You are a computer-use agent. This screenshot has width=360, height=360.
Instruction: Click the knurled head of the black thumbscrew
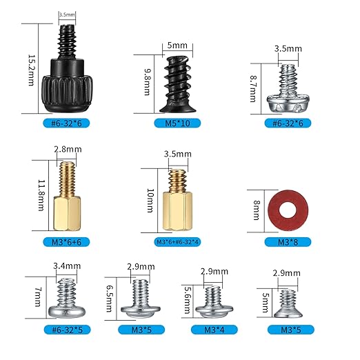pos(67,94)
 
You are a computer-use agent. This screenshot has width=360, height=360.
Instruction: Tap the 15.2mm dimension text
pos(31,70)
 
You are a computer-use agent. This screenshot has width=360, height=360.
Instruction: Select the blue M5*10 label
pos(177,123)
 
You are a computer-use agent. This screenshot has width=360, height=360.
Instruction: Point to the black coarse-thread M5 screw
pos(178,85)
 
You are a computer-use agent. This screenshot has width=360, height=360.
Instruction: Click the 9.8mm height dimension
pos(148,81)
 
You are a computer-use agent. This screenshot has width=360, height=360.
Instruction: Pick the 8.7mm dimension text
pos(253,88)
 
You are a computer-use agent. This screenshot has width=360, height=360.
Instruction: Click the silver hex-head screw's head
pos(288,104)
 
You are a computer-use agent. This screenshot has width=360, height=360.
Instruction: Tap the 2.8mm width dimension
pos(68,150)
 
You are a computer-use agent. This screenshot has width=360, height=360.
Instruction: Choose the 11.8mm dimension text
pos(41,195)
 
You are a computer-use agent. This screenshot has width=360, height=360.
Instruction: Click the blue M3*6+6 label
pos(66,242)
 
